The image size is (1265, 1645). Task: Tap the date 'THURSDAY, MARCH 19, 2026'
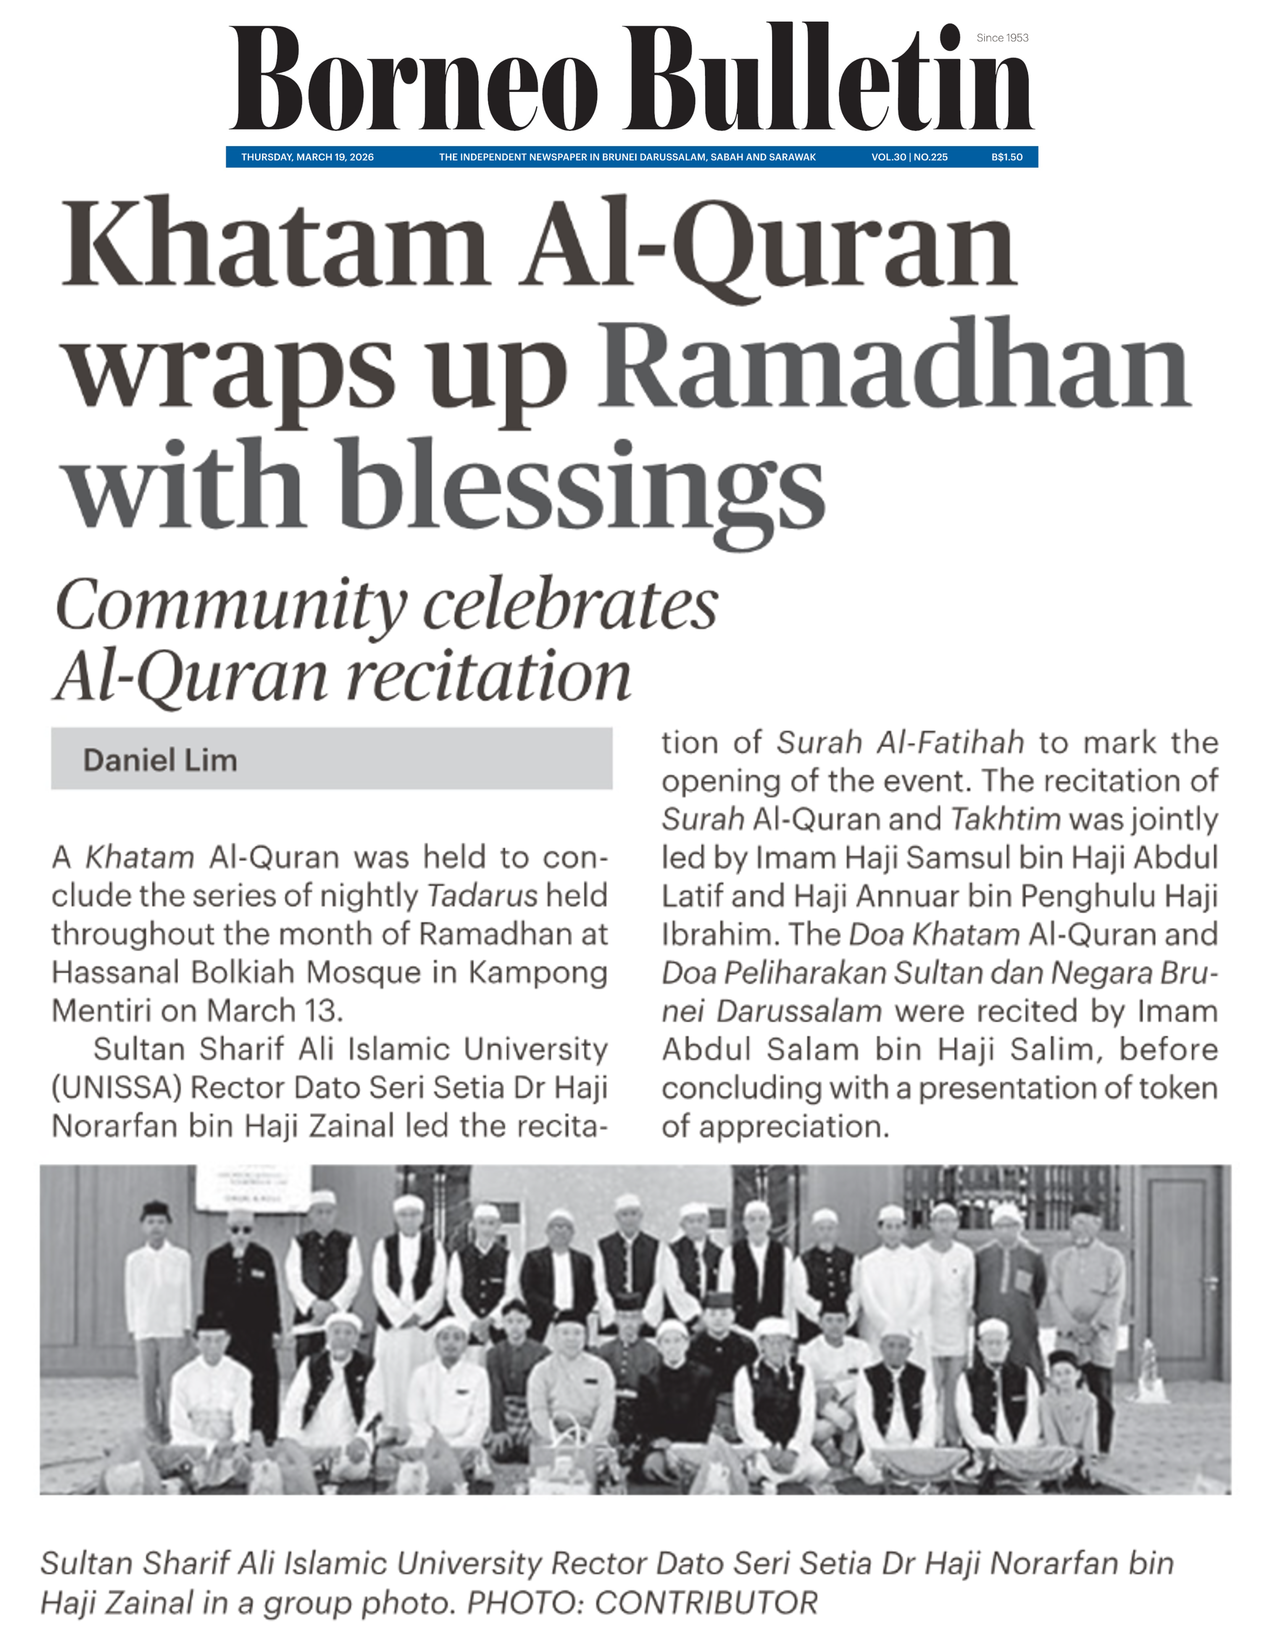tap(307, 157)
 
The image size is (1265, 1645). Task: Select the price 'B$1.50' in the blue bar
tap(1007, 157)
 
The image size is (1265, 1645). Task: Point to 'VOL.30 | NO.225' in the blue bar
tap(909, 157)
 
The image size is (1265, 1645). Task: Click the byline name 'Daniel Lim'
tap(160, 760)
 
